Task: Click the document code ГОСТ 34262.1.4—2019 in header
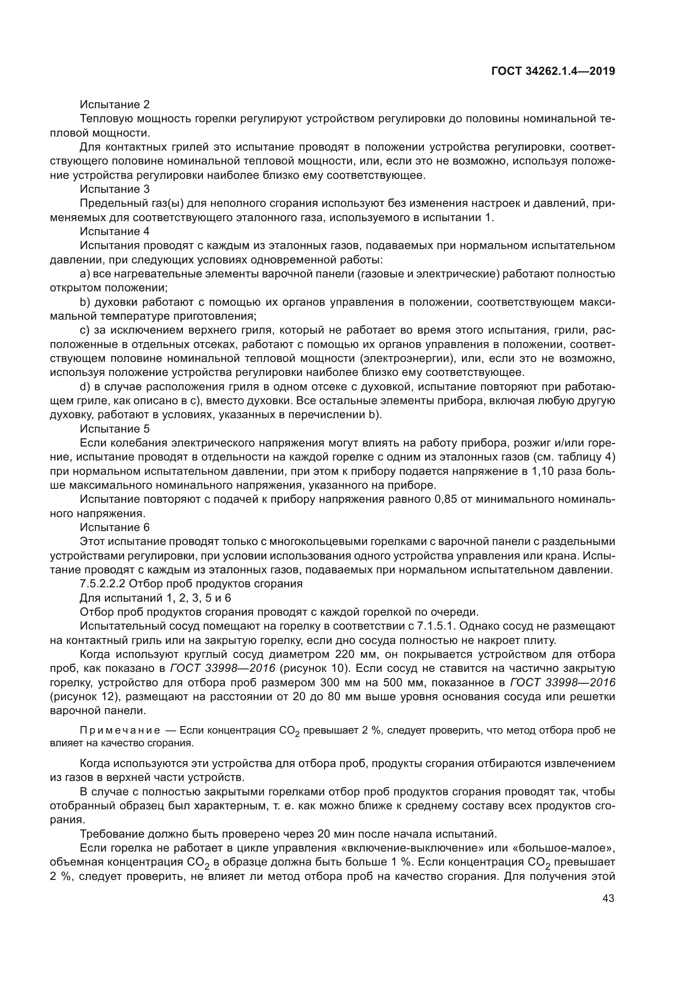click(553, 71)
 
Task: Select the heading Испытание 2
click(115, 105)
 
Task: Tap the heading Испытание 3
click(115, 189)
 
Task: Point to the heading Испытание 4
click(115, 232)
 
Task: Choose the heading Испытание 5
click(115, 429)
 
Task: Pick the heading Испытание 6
click(115, 528)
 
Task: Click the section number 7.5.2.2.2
click(102, 584)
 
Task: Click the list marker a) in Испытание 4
click(85, 274)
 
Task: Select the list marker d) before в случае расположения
click(85, 387)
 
